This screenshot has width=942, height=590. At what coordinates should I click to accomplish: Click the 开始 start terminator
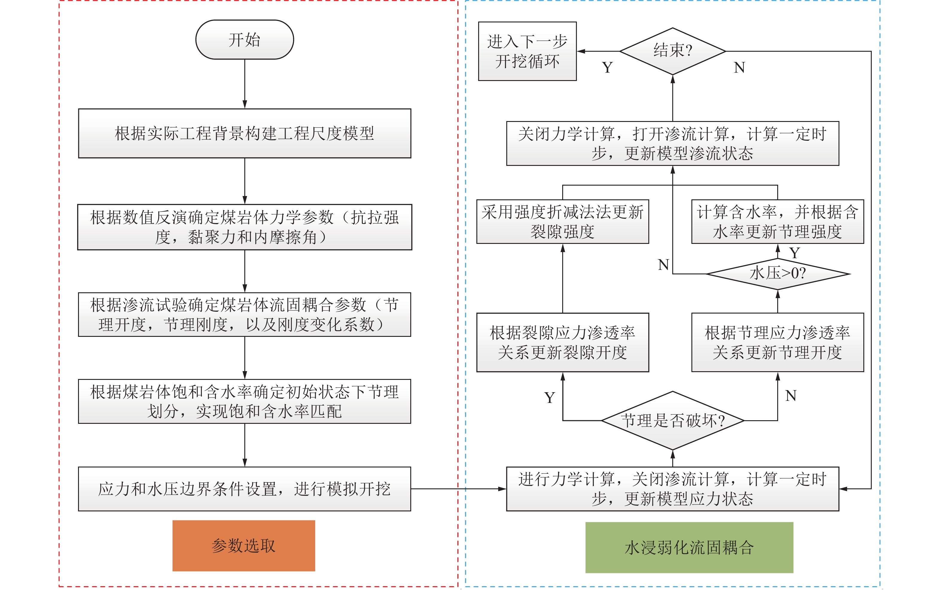tap(244, 40)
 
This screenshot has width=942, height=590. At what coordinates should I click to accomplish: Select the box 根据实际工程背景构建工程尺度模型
tap(244, 133)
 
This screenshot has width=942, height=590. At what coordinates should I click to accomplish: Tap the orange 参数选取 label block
tap(244, 545)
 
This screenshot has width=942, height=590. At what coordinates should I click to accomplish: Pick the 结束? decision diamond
tap(673, 51)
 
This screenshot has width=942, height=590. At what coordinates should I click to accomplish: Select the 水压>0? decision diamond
tap(777, 273)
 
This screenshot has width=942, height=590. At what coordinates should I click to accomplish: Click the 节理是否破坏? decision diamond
tap(673, 421)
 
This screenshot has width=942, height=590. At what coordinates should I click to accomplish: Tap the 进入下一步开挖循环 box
tap(527, 51)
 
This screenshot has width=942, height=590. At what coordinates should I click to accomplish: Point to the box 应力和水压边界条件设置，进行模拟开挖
tap(244, 489)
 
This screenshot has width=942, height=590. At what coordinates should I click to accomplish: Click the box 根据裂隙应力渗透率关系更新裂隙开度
tap(563, 343)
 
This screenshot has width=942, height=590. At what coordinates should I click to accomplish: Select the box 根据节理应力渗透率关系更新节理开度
tap(777, 343)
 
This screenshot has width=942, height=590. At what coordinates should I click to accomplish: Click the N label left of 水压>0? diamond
tap(663, 265)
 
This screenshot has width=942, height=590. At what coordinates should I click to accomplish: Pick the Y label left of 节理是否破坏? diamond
tap(550, 398)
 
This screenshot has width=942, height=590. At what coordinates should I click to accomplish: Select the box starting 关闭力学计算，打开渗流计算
tap(673, 143)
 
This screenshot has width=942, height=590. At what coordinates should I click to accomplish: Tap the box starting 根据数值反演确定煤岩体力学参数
tap(244, 227)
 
